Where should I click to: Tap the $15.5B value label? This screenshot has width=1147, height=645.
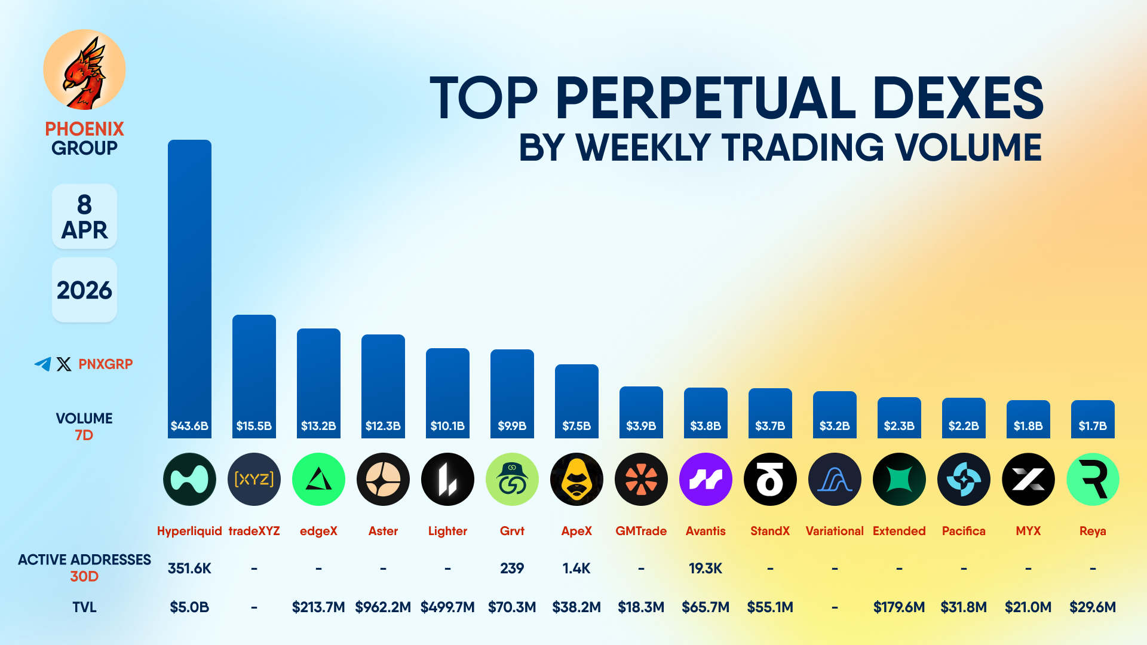click(254, 426)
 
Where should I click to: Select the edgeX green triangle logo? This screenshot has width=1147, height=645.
click(318, 479)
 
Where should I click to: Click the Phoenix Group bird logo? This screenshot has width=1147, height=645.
click(84, 70)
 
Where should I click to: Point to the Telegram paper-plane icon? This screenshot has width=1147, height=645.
click(42, 364)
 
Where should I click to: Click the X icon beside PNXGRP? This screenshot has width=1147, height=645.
click(64, 364)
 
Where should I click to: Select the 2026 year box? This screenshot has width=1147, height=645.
click(84, 290)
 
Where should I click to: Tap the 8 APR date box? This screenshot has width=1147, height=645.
click(84, 217)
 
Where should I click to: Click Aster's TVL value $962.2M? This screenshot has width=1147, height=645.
click(383, 607)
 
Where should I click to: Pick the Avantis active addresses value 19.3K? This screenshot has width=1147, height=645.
click(706, 568)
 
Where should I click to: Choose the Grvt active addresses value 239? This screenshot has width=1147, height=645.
click(512, 568)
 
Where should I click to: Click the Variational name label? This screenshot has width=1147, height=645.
click(835, 531)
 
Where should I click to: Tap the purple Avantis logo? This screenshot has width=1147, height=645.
click(706, 479)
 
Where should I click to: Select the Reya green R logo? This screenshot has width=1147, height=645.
click(1093, 479)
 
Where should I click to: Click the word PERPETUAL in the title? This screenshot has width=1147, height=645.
click(705, 99)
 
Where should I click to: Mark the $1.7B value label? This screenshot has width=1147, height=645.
click(1093, 426)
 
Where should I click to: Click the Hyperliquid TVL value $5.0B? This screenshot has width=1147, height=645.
click(189, 607)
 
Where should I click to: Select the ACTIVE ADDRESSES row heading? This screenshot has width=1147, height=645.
click(84, 560)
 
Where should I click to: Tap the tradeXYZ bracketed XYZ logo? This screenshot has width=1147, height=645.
click(254, 479)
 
